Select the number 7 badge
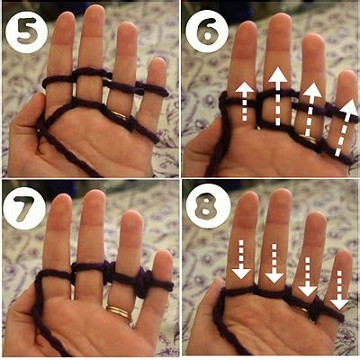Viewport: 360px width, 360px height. tap(23, 213)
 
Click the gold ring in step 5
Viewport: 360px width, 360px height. tap(119, 115)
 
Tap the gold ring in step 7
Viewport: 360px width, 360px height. tap(118, 311)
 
